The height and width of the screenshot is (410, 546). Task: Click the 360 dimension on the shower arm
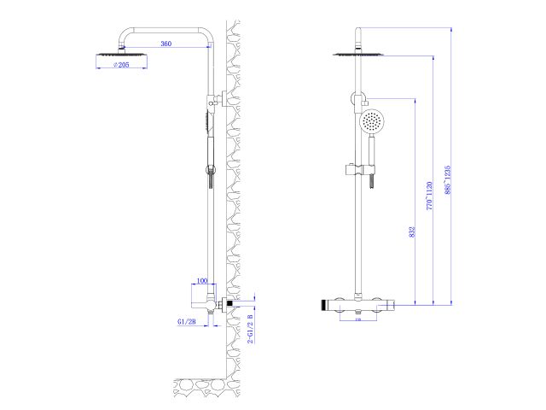(167, 44)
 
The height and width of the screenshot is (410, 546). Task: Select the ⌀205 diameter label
(119, 66)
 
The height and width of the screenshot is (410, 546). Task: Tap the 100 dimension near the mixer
(202, 280)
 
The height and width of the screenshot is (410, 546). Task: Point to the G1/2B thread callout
(187, 321)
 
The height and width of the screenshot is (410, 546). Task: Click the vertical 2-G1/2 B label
(250, 328)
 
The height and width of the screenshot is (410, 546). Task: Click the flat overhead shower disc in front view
(356, 56)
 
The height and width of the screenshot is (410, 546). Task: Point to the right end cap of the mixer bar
(394, 304)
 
